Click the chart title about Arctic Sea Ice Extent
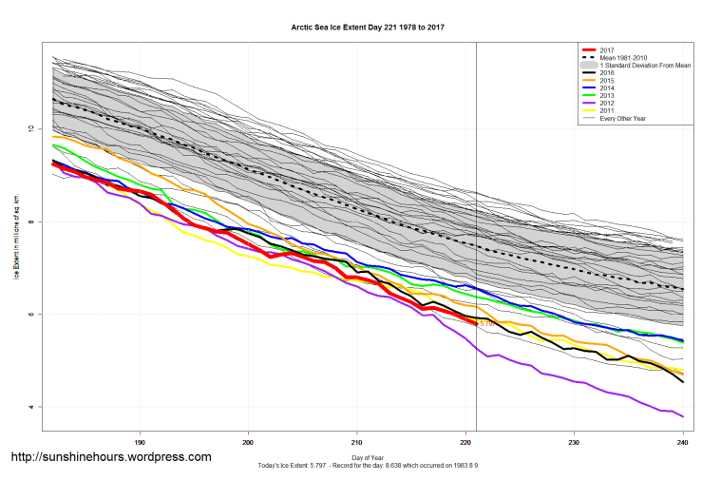coord(368,28)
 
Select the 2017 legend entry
coord(609,50)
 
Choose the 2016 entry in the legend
coord(609,73)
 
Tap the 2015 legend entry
coord(609,81)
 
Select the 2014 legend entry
coord(609,88)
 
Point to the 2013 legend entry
coord(609,96)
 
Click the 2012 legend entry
coord(609,104)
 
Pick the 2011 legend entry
coord(609,111)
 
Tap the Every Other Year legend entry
coord(622,119)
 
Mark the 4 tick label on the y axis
coord(30,407)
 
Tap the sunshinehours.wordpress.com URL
coord(110,457)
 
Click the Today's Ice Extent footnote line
coord(368,467)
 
